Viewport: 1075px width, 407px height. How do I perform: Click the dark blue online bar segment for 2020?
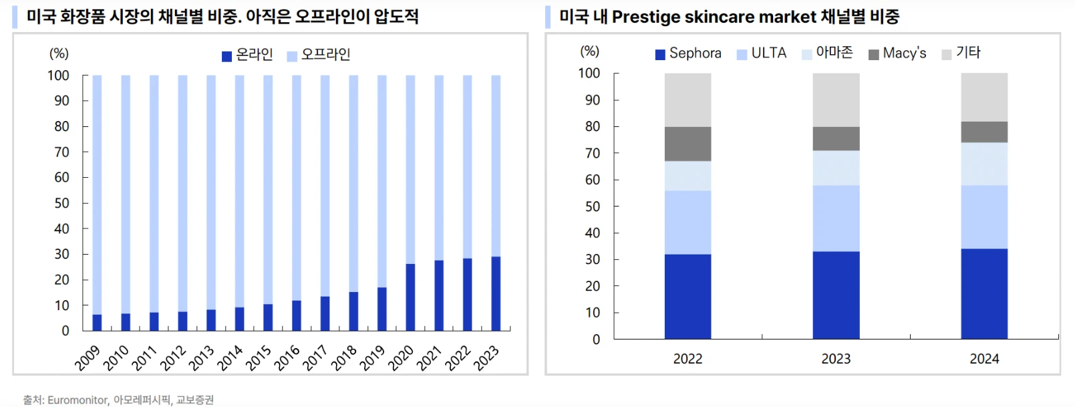410,297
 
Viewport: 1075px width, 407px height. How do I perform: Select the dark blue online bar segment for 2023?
496,293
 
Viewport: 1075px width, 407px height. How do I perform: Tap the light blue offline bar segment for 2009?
97,194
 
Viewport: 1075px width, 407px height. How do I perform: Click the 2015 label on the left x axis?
259,358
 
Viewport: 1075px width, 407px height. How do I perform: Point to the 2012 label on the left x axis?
173,358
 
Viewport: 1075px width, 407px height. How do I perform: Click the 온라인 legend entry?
248,55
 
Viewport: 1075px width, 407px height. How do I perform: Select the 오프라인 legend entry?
319,55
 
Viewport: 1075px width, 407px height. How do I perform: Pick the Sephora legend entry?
688,53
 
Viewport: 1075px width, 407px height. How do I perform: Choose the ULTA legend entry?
762,53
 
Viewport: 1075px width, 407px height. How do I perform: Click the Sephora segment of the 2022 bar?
687,296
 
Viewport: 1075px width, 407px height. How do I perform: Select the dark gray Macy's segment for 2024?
984,132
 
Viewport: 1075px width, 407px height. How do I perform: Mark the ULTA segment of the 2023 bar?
836,218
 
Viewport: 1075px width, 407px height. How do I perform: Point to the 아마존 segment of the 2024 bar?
984,164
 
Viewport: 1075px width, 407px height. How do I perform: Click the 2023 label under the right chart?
836,359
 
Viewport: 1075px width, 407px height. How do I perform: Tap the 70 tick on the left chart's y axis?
61,152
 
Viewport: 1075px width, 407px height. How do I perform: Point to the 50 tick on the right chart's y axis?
592,207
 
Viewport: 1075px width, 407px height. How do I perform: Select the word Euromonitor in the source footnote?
77,400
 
